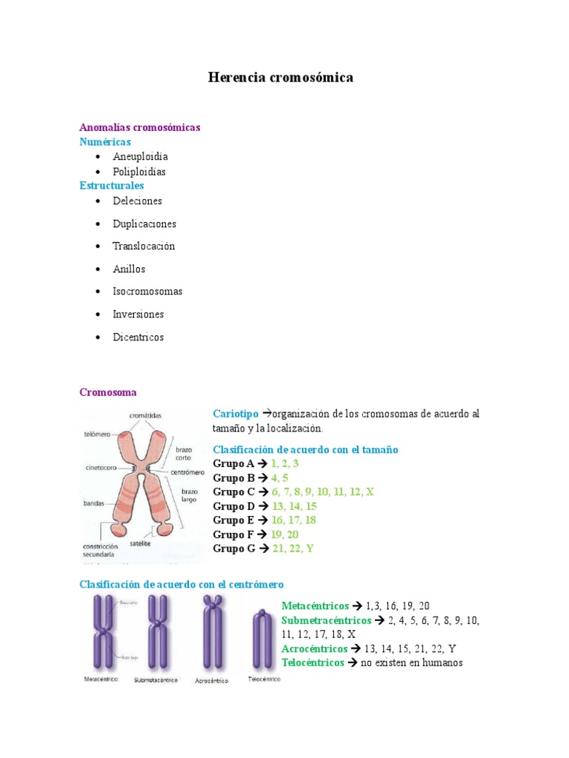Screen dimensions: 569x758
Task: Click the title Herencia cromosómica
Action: click(281, 77)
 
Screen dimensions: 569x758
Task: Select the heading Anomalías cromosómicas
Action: click(140, 127)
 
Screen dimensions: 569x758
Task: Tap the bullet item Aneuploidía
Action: click(140, 157)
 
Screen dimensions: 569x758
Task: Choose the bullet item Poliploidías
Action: click(139, 172)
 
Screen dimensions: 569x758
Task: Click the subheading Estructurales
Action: click(112, 186)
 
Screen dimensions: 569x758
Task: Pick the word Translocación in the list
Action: click(144, 246)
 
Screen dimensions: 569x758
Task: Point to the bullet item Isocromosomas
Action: click(147, 292)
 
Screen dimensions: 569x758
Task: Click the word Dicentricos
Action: click(139, 338)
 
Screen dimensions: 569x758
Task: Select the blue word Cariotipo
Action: click(236, 414)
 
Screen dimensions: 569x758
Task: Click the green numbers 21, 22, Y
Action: click(294, 549)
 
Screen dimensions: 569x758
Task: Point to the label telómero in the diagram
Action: click(96, 435)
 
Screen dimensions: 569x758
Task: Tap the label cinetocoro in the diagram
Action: click(98, 468)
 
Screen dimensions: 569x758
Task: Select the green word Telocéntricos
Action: click(313, 663)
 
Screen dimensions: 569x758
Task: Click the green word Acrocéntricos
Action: click(314, 648)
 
